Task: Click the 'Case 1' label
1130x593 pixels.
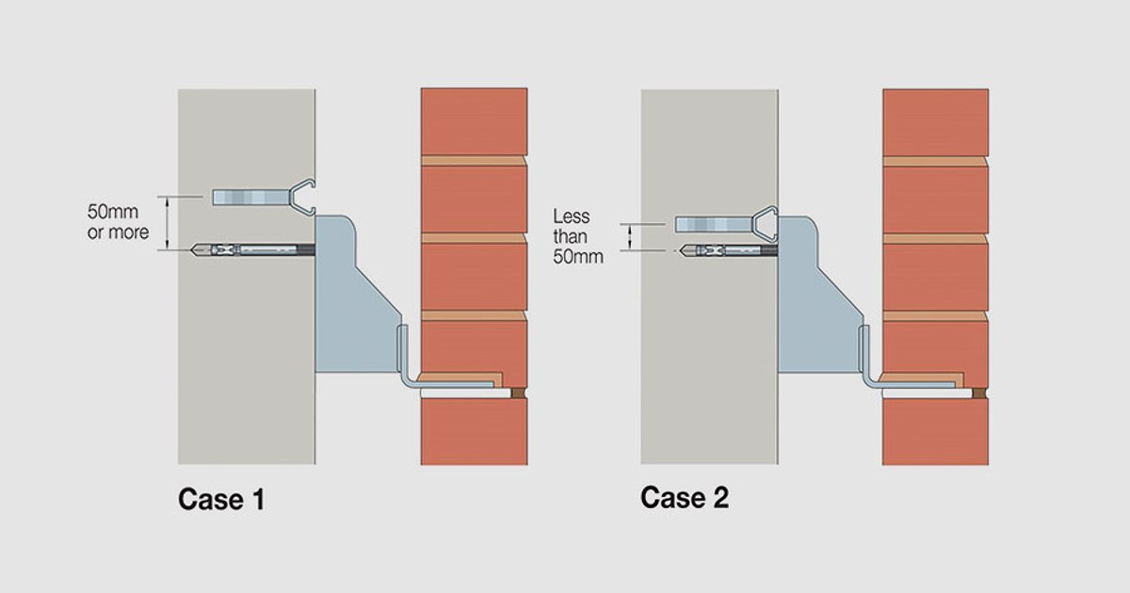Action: (x=221, y=500)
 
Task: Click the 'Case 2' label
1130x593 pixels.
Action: (x=685, y=498)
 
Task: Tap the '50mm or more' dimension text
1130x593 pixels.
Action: (x=119, y=224)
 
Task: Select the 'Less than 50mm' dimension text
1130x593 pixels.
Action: (x=577, y=236)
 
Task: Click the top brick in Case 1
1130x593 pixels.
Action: (x=474, y=121)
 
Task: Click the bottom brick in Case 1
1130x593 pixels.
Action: (x=474, y=432)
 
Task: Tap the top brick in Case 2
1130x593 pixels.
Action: (x=936, y=121)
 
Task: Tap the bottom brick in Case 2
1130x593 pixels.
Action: (x=936, y=432)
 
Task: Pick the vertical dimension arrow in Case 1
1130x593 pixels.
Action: (x=167, y=223)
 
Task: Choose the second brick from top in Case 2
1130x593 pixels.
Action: (x=936, y=199)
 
